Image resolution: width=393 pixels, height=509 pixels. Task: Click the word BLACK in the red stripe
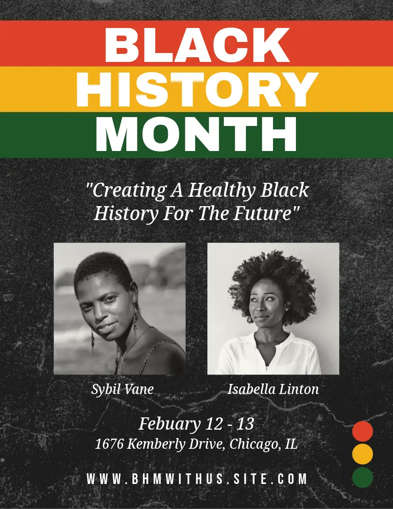coord(197,45)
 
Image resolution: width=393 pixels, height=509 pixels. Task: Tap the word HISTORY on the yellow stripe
coord(197,89)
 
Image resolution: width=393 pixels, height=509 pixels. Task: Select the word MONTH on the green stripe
coord(196,134)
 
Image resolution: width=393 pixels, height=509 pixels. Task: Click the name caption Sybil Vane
coord(123,389)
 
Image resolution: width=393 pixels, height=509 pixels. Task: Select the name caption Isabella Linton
coord(273,389)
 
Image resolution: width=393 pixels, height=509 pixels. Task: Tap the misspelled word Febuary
coord(170,424)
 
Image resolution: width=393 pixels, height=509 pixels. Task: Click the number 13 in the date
coord(245,423)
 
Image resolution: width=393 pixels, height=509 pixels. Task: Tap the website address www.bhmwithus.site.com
coord(197,479)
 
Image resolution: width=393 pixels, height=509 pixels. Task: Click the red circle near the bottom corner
coord(362,431)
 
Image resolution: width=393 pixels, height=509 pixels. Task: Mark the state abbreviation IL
coord(291,444)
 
